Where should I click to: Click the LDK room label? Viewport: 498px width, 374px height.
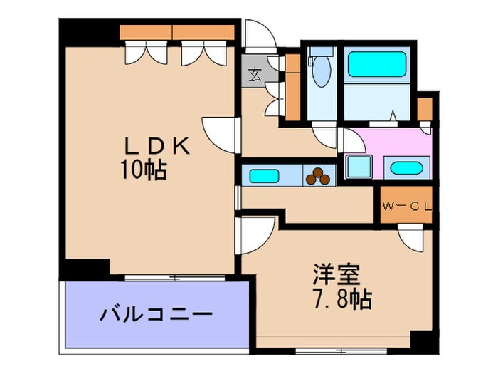158,147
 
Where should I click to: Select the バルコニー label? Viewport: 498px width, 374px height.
156,314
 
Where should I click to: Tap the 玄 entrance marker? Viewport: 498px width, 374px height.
253,72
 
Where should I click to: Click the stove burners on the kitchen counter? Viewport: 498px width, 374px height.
319,175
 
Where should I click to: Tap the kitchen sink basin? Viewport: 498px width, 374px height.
264,175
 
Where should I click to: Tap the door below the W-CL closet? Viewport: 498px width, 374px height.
411,236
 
